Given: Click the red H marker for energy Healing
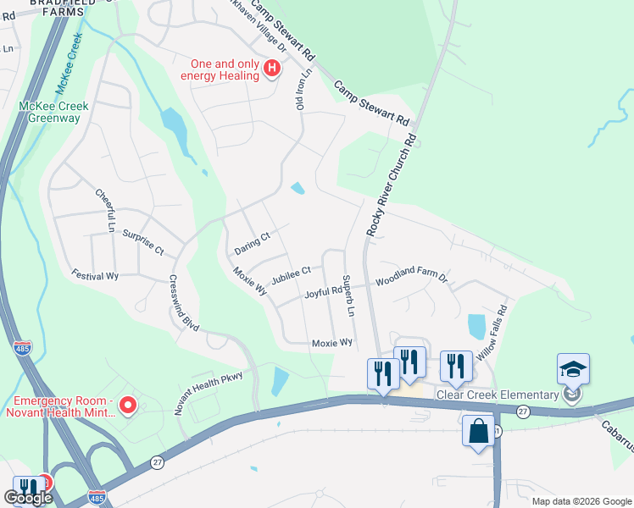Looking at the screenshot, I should pos(272,69).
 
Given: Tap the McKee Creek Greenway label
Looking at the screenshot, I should pos(49,112).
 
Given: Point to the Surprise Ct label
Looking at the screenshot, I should pos(142,242).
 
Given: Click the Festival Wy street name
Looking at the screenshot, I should pos(94,275).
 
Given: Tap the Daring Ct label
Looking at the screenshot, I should pos(251,243).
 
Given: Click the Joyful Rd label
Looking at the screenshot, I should pos(322,293).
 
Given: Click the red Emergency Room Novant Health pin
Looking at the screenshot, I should pos(128,407).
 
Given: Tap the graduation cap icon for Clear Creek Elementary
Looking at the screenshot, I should pos(573,369).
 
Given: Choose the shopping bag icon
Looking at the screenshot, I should pos(478,430).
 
